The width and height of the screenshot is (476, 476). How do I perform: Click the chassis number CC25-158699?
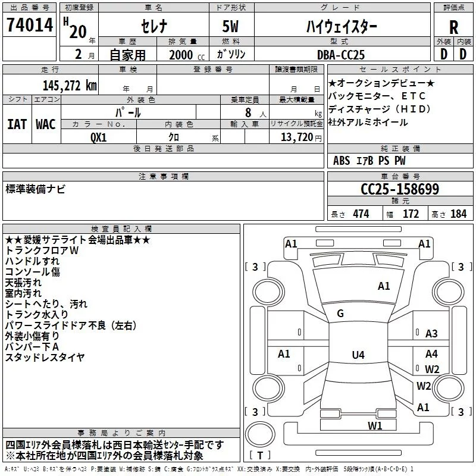coord(400,189)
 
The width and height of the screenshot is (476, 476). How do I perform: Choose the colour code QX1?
coord(99,137)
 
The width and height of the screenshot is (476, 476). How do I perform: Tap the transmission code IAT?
coord(17,124)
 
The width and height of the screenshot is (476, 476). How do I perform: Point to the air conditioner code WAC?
coord(46,124)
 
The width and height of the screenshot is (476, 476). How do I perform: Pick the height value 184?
coord(458,214)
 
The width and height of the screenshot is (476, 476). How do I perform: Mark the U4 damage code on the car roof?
coord(358,355)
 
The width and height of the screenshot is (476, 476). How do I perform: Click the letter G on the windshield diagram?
coord(340,314)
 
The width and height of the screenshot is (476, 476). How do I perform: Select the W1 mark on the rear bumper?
coord(374,425)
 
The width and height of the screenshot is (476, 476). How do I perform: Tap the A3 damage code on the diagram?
coord(431,334)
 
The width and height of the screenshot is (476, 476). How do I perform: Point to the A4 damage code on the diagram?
coord(431,353)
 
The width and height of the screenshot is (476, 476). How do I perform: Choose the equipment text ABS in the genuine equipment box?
coord(342,161)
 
